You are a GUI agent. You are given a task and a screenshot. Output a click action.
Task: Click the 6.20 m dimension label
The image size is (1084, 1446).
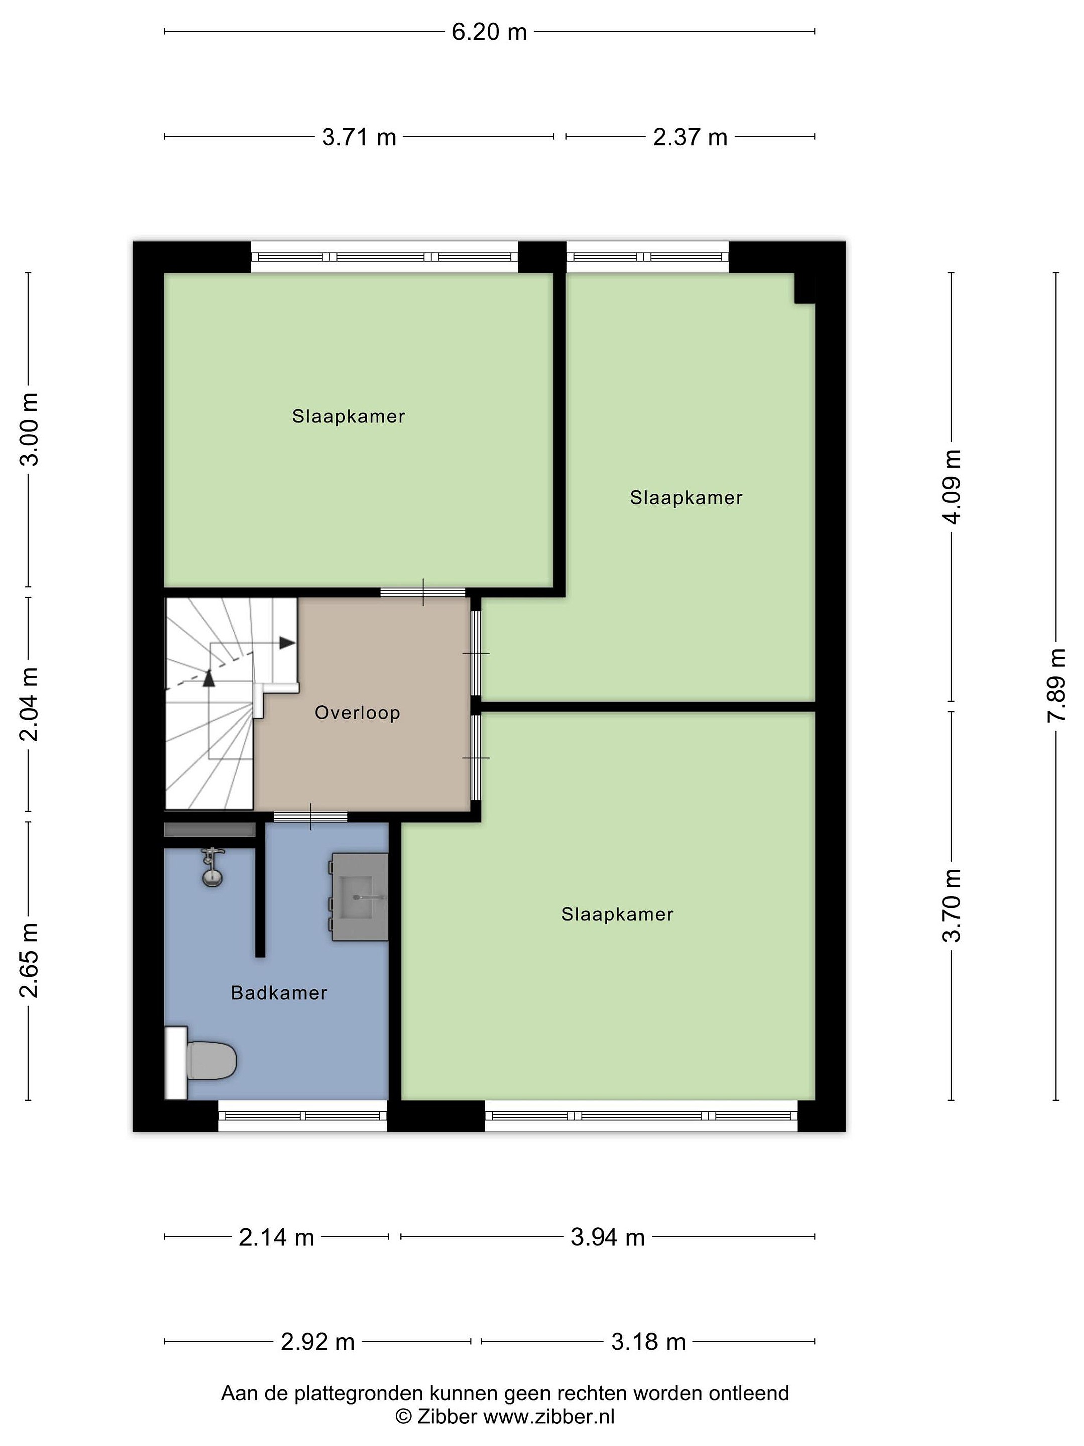click(x=489, y=31)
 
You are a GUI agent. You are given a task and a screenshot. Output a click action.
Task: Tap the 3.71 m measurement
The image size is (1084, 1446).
click(x=359, y=137)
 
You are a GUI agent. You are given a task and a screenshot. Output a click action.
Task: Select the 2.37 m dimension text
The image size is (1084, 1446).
click(x=690, y=137)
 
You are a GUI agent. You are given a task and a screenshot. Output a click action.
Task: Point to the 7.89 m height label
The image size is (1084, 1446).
click(x=1056, y=685)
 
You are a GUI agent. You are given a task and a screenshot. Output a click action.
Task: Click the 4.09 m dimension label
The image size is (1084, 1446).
click(x=952, y=487)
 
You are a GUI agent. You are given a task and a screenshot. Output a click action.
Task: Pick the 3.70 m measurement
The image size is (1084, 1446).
click(x=952, y=905)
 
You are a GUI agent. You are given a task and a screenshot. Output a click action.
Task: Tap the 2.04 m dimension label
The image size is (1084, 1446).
click(x=29, y=703)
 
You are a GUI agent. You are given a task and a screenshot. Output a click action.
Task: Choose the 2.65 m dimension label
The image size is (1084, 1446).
click(x=29, y=959)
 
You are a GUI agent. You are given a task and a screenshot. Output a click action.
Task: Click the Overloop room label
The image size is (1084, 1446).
click(x=357, y=712)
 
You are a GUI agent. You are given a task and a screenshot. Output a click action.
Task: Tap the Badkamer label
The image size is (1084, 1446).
click(x=279, y=993)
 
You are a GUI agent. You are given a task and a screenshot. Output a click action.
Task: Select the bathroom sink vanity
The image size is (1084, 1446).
click(x=360, y=897)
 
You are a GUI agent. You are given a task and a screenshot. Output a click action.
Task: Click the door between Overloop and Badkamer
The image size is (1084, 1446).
click(x=310, y=816)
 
